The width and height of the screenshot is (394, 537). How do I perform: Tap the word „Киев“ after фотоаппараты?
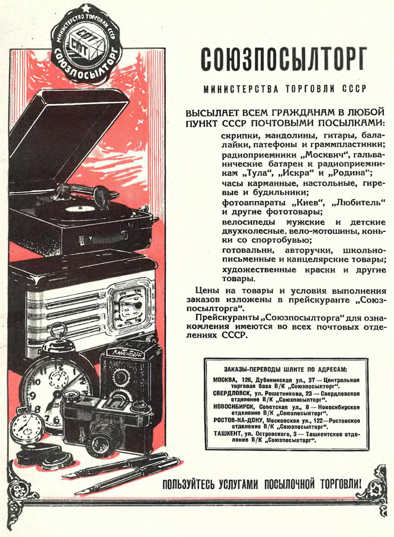(309, 203)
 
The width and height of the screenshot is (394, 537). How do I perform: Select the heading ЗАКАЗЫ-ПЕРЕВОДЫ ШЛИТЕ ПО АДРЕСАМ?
(285, 369)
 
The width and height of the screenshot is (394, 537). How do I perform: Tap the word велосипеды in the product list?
(249, 223)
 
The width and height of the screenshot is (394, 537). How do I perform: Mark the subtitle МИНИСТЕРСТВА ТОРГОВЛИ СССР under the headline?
(285, 89)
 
